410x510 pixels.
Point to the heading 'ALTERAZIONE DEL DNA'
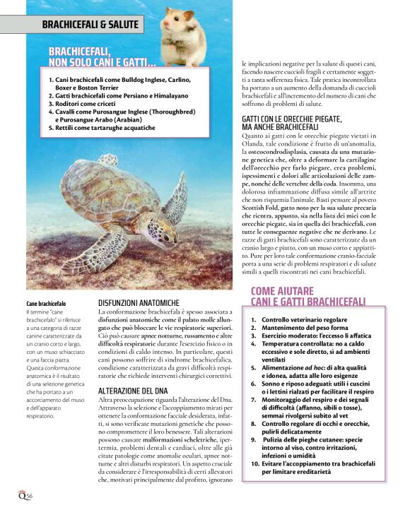pyautogui.click(x=132, y=390)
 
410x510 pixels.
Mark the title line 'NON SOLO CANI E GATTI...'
pyautogui.click(x=102, y=62)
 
